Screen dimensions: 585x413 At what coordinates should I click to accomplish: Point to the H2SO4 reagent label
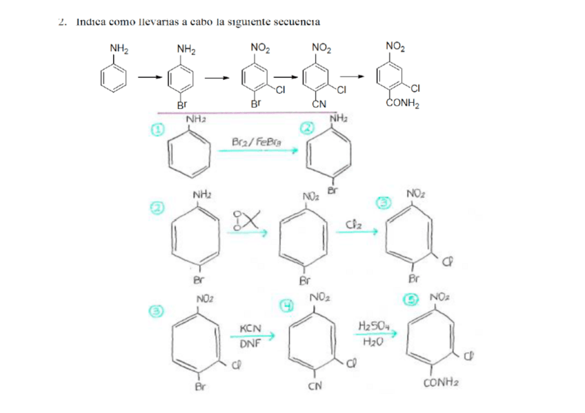(373, 325)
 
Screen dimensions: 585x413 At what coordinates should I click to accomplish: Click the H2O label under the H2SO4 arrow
(372, 340)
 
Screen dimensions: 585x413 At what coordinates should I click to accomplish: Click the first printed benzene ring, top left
(115, 77)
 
